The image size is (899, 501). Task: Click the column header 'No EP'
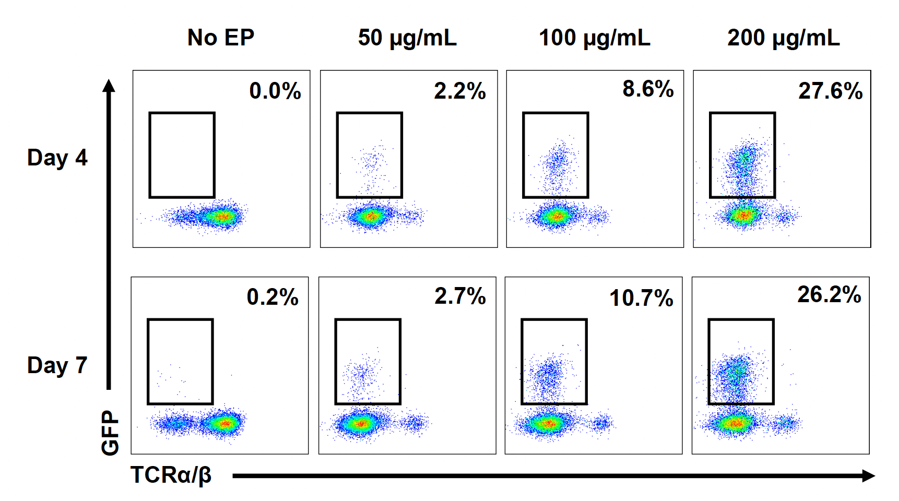pos(221,38)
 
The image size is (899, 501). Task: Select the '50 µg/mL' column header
pos(407,38)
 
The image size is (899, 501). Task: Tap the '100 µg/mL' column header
pos(595,38)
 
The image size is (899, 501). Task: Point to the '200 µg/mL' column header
pos(784,38)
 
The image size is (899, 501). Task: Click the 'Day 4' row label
pos(57,158)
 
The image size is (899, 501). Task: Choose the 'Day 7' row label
pos(57,365)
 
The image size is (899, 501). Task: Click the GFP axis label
pos(110,433)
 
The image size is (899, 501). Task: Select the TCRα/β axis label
pos(171,475)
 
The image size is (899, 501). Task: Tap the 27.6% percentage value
pos(830,91)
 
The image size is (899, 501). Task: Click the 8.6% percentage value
pos(648,89)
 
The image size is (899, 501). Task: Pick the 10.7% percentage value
pos(641,298)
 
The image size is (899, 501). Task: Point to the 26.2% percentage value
pos(829,295)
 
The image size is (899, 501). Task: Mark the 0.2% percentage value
pos(273,297)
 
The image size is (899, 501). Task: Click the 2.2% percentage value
pos(460,91)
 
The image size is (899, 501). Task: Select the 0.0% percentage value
pos(275,91)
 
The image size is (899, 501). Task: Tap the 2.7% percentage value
pos(460,296)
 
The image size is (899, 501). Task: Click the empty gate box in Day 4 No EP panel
pos(182,155)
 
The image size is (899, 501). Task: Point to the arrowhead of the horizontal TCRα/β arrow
pos(868,475)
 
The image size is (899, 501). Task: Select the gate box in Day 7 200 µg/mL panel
pos(741,362)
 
